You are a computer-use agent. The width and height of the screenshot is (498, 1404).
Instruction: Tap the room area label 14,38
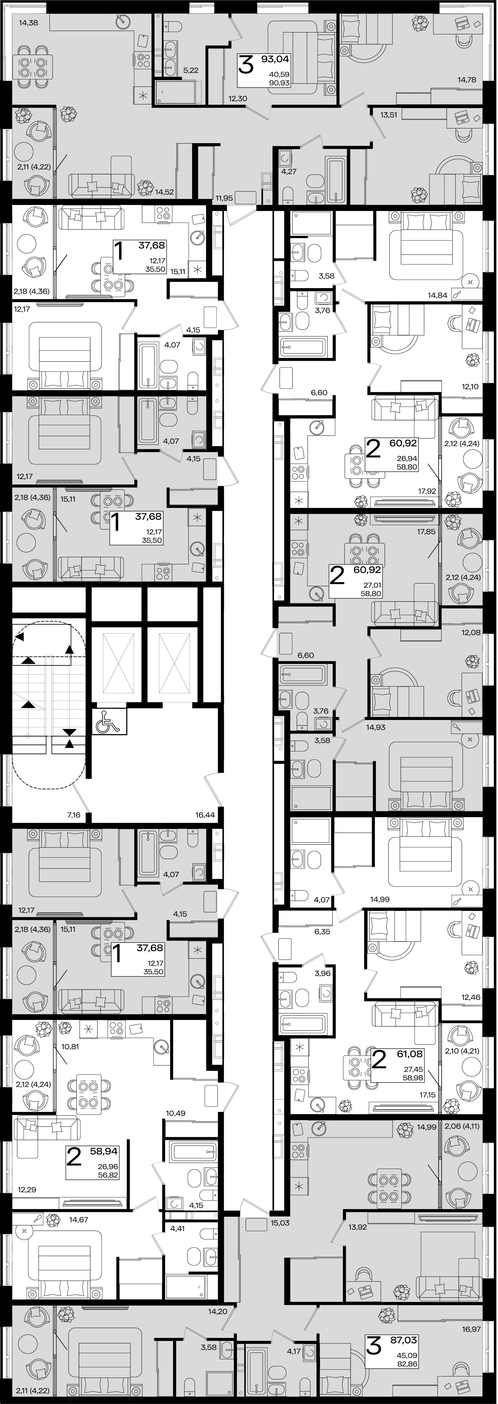pyautogui.click(x=28, y=23)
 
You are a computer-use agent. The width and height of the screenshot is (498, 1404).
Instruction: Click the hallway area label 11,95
pyautogui.click(x=224, y=198)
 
